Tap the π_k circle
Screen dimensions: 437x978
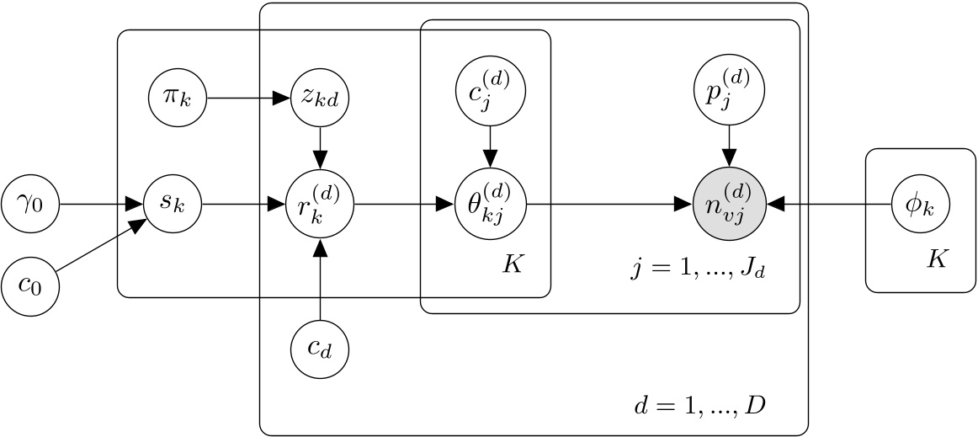pyautogui.click(x=178, y=97)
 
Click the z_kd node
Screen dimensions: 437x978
pyautogui.click(x=320, y=97)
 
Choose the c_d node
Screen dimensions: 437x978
pyautogui.click(x=320, y=349)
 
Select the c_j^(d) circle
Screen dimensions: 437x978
pyautogui.click(x=490, y=90)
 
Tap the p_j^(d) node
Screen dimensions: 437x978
pyautogui.click(x=729, y=90)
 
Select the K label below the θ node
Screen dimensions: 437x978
pyautogui.click(x=513, y=264)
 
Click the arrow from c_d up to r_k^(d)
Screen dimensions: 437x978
pyautogui.click(x=320, y=278)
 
